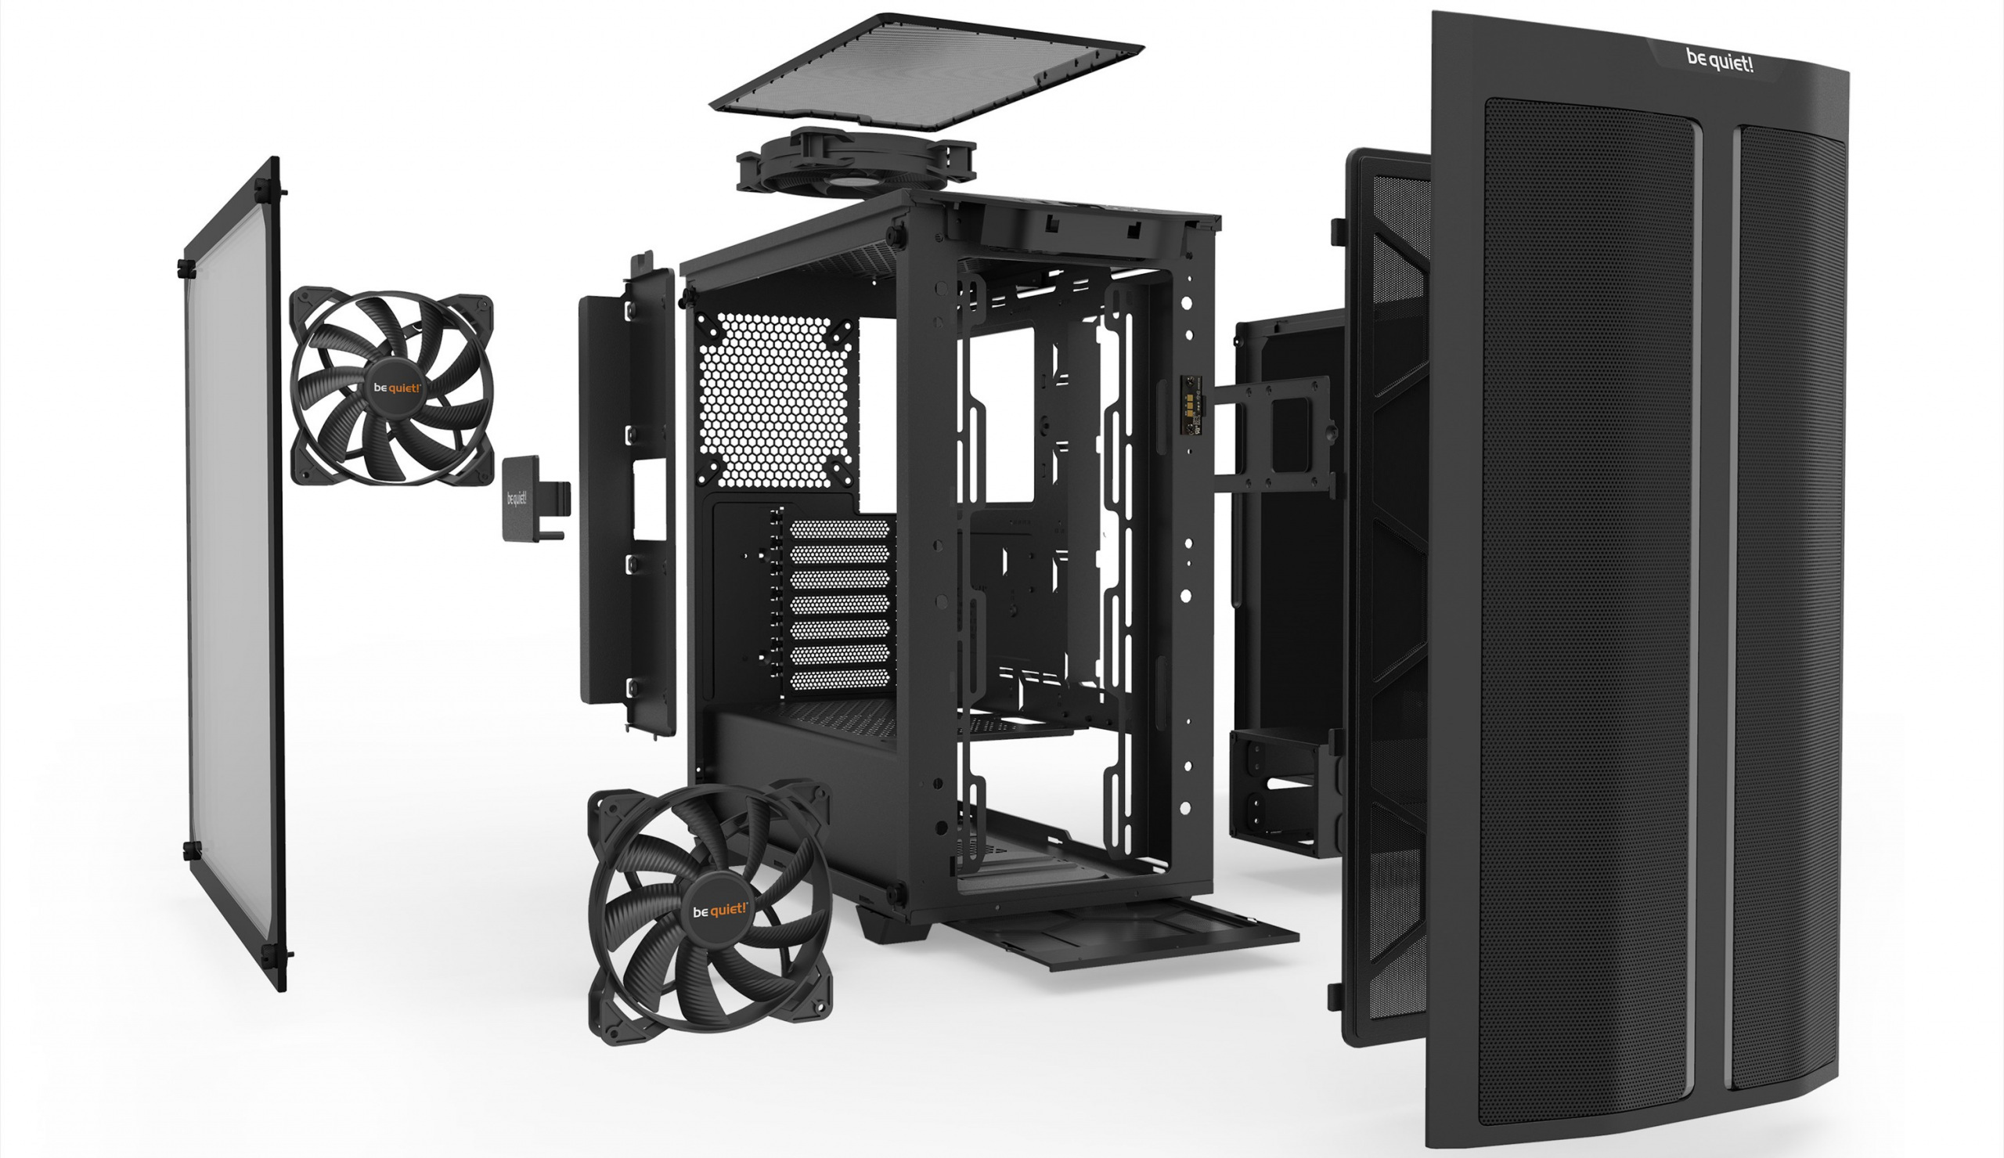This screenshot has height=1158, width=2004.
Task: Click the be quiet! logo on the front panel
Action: [x=1719, y=60]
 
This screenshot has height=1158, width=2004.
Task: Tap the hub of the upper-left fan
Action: [x=398, y=388]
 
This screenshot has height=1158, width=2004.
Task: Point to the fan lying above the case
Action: [x=856, y=162]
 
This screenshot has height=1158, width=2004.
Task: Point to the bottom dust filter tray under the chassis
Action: [x=1121, y=930]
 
